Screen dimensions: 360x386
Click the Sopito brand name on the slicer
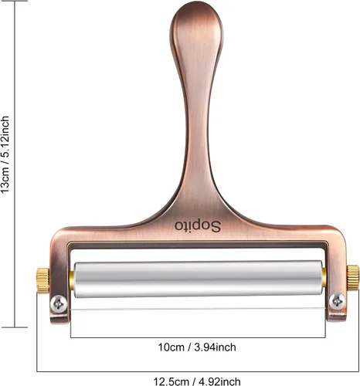pyautogui.click(x=198, y=226)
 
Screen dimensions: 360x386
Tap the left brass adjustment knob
pyautogui.click(x=42, y=280)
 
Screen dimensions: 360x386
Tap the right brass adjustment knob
pyautogui.click(x=352, y=278)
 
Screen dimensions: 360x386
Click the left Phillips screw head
pyautogui.click(x=59, y=304)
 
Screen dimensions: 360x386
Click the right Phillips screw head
pyautogui.click(x=338, y=301)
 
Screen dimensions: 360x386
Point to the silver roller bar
pyautogui.click(x=199, y=279)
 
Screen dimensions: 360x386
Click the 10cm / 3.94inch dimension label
pyautogui.click(x=197, y=347)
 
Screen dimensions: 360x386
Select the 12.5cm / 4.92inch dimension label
pyautogui.click(x=197, y=381)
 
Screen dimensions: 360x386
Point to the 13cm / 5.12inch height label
pyautogui.click(x=5, y=154)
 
